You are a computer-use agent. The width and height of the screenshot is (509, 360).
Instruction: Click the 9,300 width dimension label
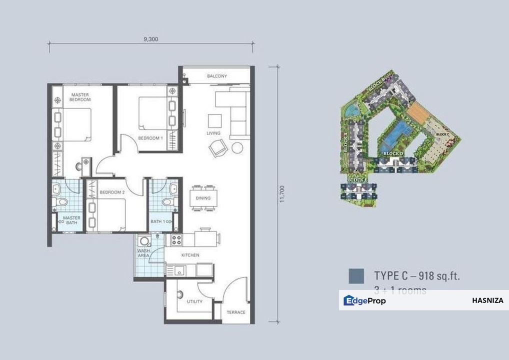(x=150, y=39)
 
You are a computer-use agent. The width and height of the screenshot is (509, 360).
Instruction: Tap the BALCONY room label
(x=217, y=76)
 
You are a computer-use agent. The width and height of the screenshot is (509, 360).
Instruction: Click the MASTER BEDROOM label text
(x=80, y=97)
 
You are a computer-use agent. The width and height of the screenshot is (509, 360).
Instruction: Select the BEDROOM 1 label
(x=150, y=137)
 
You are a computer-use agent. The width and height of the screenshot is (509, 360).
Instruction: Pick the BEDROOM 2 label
(x=112, y=192)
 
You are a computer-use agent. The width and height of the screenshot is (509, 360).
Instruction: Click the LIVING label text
(x=213, y=133)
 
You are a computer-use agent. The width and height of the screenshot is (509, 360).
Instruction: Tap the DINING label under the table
(x=203, y=198)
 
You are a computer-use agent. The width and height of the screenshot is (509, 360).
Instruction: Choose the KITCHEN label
(x=190, y=255)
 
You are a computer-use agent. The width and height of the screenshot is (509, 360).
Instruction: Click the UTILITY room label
(x=194, y=302)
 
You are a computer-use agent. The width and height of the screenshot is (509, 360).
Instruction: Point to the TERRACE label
(x=236, y=312)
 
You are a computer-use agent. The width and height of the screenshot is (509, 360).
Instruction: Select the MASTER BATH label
(x=71, y=220)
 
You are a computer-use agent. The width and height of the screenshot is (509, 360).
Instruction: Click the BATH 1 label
(x=161, y=221)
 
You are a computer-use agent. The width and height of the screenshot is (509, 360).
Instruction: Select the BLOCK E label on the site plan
(x=358, y=179)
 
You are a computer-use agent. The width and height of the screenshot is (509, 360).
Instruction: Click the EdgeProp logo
(x=364, y=300)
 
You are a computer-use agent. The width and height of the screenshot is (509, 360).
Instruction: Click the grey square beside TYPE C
(x=356, y=275)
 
